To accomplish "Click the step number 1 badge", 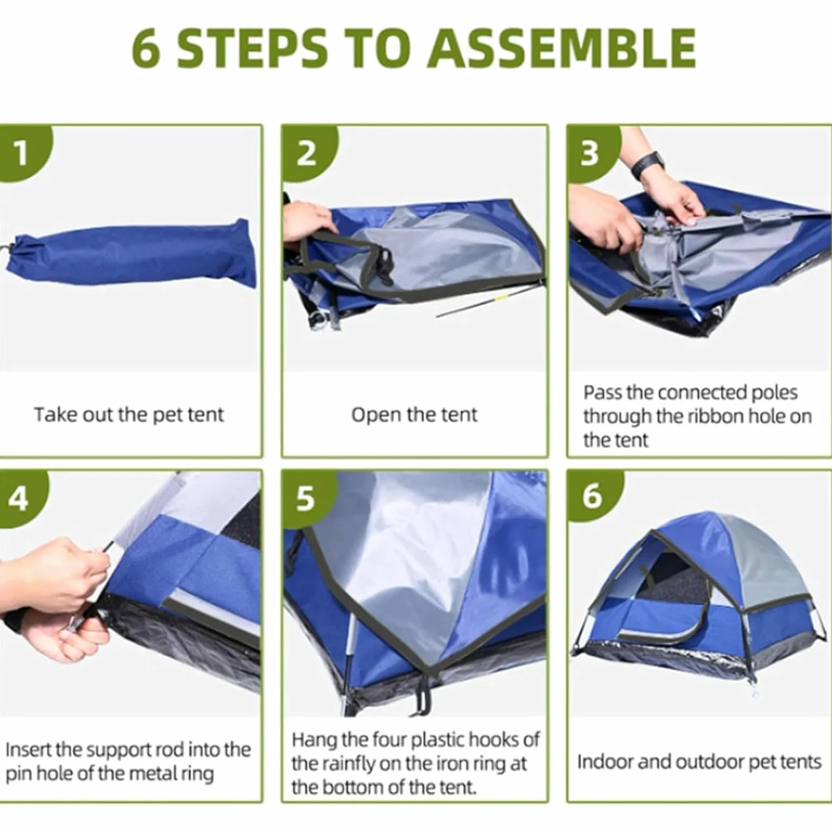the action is click(x=24, y=153).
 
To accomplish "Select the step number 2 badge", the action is click(x=309, y=153).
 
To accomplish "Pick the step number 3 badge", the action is click(x=593, y=153).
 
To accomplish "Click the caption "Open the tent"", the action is click(x=414, y=415).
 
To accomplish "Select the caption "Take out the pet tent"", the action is click(x=129, y=415).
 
